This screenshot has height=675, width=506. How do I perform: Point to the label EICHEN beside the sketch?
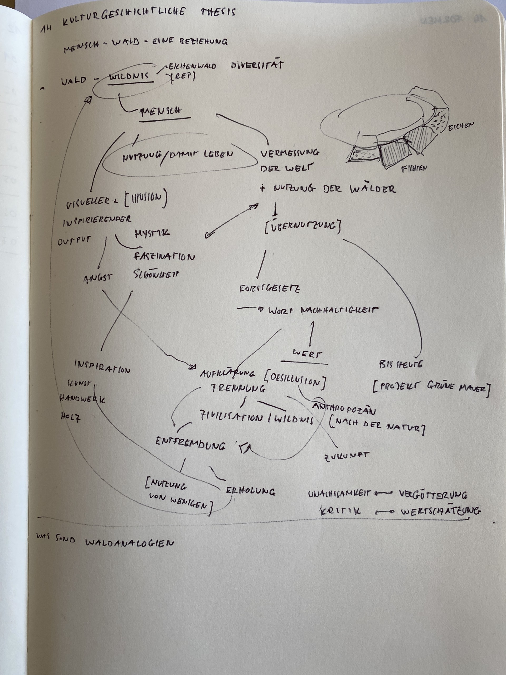461,126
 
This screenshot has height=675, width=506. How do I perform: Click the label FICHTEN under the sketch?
413,168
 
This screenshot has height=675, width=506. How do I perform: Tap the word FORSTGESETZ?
269,288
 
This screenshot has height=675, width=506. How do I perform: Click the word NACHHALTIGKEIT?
339,310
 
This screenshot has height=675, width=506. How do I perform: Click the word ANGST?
98,278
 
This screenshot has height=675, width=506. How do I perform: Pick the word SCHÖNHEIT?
156,274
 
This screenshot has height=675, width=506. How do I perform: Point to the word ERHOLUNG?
250,491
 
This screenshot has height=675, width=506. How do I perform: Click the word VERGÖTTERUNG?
433,495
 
